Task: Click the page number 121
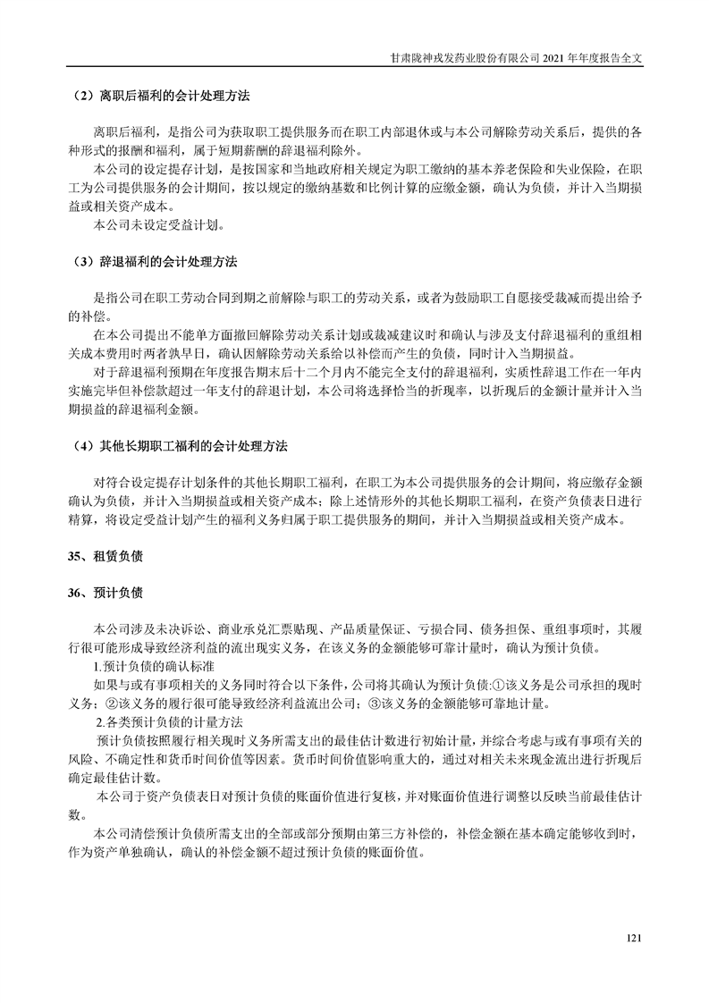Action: pos(636,938)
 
